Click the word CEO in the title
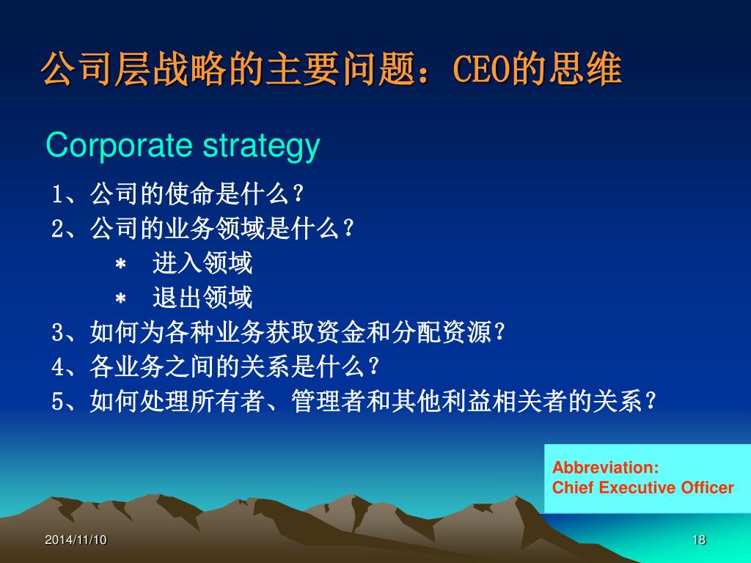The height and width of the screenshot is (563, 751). point(482,69)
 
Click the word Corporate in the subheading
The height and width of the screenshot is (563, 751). point(119,145)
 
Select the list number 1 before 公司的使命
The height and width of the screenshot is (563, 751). point(57,194)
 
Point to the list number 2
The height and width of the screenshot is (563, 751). point(57,229)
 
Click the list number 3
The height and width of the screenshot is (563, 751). point(57,332)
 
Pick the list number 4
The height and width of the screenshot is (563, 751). point(57,367)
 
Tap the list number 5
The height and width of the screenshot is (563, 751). point(57,401)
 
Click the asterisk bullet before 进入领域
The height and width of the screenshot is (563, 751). point(121,264)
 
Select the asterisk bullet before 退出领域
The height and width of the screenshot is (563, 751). point(121,299)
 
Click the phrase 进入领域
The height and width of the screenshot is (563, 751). point(202,263)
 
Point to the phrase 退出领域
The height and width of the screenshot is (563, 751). point(202,298)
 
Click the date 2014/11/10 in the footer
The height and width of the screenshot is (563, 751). point(76,540)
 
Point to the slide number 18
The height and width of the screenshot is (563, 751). point(699,540)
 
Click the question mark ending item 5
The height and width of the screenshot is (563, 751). point(651,401)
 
